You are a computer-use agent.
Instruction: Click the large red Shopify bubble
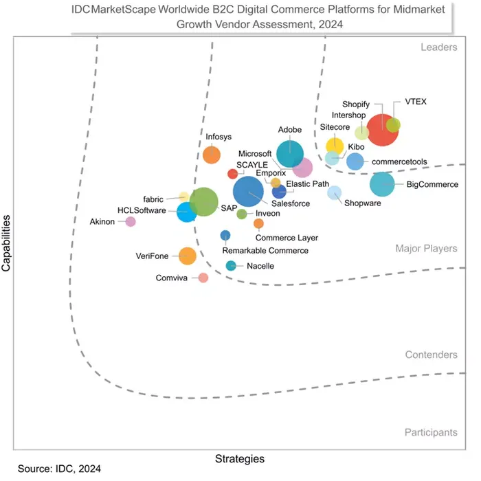pyautogui.click(x=381, y=129)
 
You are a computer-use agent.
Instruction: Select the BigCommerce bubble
pyautogui.click(x=383, y=184)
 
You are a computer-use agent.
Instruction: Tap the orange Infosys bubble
pyautogui.click(x=212, y=155)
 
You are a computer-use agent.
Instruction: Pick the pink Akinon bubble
pyautogui.click(x=130, y=221)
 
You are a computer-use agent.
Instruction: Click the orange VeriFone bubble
pyautogui.click(x=187, y=256)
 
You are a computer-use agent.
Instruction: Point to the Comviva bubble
pyautogui.click(x=203, y=278)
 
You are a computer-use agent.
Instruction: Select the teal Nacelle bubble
pyautogui.click(x=231, y=266)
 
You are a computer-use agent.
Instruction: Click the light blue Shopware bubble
pyautogui.click(x=334, y=193)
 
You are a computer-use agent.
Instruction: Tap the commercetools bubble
pyautogui.click(x=355, y=161)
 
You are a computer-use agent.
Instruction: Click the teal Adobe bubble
pyautogui.click(x=290, y=153)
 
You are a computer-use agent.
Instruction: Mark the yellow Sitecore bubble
pyautogui.click(x=335, y=145)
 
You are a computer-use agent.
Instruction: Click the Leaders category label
pyautogui.click(x=438, y=47)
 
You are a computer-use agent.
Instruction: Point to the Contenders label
pyautogui.click(x=431, y=355)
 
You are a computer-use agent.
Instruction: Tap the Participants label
pyautogui.click(x=430, y=433)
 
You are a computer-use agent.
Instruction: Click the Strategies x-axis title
pyautogui.click(x=240, y=458)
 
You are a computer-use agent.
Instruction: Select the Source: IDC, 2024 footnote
pyautogui.click(x=59, y=469)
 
